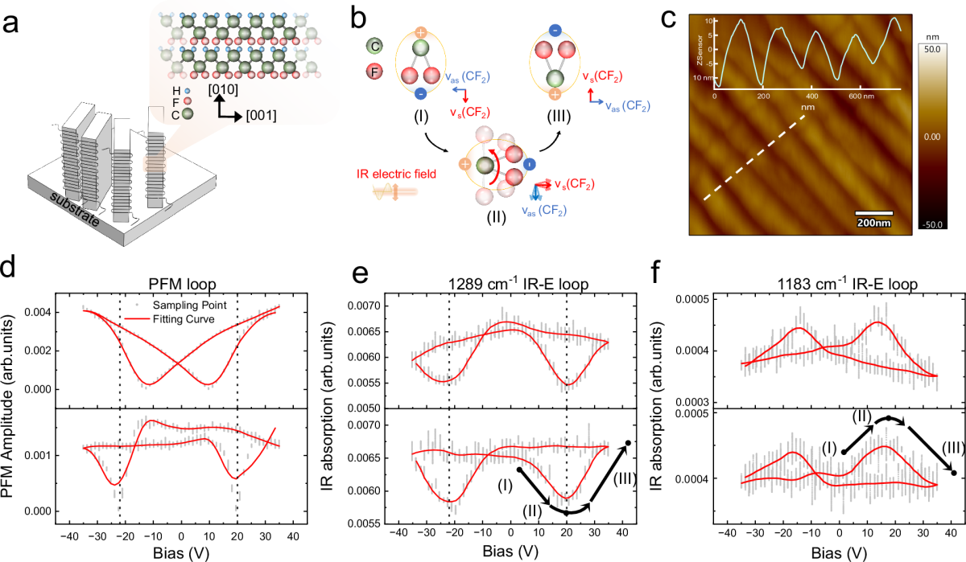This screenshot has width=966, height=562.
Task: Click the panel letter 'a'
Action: coord(14,24)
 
